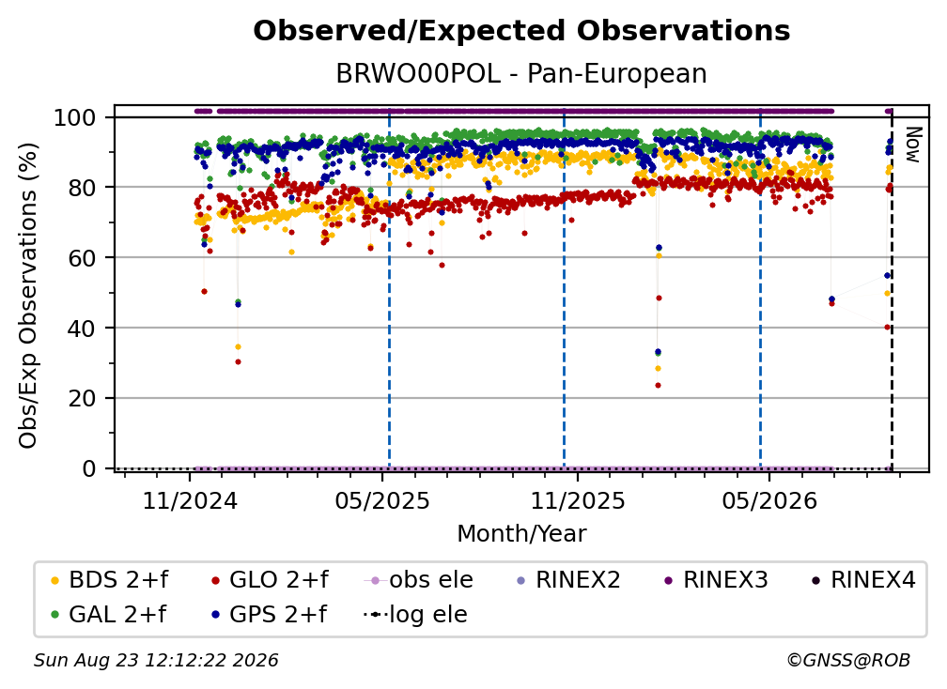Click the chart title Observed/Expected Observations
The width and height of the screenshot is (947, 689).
pyautogui.click(x=521, y=31)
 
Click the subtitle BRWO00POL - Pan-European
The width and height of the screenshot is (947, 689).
pyautogui.click(x=521, y=74)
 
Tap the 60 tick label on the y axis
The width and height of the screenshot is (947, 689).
pyautogui.click(x=82, y=258)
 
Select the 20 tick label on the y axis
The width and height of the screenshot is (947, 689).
pyautogui.click(x=82, y=399)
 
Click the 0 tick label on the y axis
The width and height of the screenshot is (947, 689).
pyautogui.click(x=89, y=468)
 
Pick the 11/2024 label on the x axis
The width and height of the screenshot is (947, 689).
pyautogui.click(x=190, y=500)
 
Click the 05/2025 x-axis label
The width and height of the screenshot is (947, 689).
pyautogui.click(x=382, y=500)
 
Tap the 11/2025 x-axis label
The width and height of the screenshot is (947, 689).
pyautogui.click(x=578, y=500)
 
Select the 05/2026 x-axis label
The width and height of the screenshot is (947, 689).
pyautogui.click(x=769, y=500)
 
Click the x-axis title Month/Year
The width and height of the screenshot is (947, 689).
pyautogui.click(x=521, y=534)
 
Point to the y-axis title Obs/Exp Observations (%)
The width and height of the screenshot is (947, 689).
pyautogui.click(x=28, y=296)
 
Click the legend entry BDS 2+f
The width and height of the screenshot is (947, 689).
pyautogui.click(x=109, y=580)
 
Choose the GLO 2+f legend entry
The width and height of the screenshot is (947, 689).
pyautogui.click(x=270, y=580)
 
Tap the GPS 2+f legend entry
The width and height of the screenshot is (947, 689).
pyautogui.click(x=268, y=615)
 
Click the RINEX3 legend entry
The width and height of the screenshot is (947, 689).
pyautogui.click(x=716, y=580)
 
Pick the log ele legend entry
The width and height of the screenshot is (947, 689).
pyautogui.click(x=415, y=615)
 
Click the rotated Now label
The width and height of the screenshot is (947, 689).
pyautogui.click(x=912, y=145)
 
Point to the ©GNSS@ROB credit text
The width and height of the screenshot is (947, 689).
pyautogui.click(x=848, y=661)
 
